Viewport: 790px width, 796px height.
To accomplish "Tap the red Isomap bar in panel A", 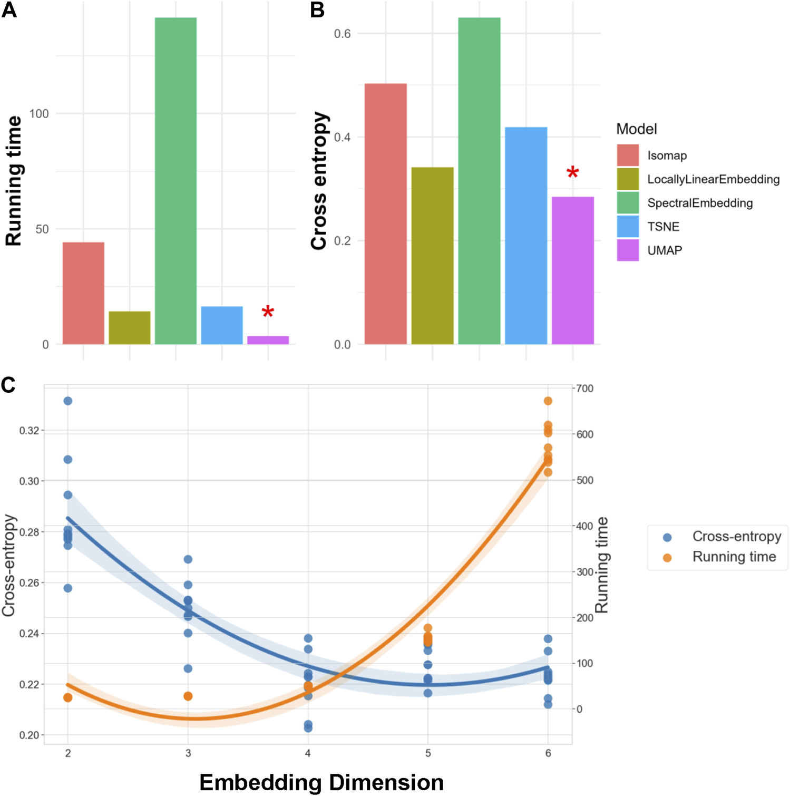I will pos(83,293).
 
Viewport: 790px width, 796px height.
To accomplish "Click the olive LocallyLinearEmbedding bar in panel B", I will pos(432,256).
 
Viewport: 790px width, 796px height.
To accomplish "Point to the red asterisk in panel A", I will pos(268,312).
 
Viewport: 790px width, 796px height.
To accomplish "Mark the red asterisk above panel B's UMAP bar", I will pos(572,173).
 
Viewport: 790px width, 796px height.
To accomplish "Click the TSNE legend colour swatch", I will pos(628,227).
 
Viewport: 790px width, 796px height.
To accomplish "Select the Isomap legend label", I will pos(667,156).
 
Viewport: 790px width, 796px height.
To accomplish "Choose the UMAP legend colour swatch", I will pos(628,250).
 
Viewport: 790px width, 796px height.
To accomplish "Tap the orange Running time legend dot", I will pos(667,558).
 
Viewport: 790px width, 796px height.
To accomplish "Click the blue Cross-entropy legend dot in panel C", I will pos(667,537).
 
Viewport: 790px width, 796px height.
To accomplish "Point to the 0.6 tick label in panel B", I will pos(342,34).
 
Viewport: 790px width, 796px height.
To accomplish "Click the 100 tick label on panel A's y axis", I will pos(39,113).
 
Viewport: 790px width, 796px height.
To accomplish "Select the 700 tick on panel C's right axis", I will pos(585,389).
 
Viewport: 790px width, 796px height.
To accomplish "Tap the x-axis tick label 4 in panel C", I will pos(308,753).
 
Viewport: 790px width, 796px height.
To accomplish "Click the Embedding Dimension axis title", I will pos(321,782).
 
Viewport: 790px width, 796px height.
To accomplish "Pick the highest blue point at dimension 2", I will pos(68,401).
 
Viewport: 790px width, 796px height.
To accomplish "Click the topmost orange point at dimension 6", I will pos(548,401).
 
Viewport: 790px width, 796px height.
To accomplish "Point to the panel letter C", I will pos(8,385).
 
